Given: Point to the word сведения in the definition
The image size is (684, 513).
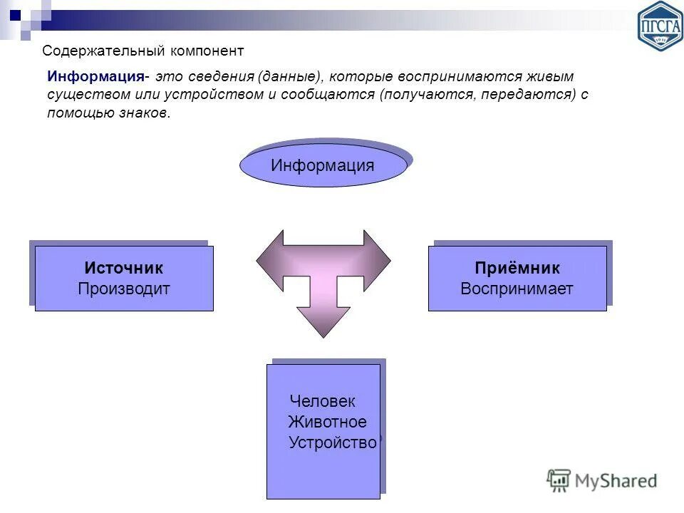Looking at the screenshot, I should click(226, 76).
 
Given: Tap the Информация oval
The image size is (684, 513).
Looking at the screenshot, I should click(323, 166).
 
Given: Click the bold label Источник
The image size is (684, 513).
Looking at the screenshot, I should click(124, 269).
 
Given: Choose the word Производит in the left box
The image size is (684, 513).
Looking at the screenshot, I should click(124, 289).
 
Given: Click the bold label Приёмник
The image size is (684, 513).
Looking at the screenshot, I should click(517, 269).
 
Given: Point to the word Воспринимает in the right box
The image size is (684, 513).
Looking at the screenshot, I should click(517, 289).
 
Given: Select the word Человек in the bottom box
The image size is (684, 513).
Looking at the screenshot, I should click(323, 402).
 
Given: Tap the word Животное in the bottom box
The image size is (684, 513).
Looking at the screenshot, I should click(328, 422).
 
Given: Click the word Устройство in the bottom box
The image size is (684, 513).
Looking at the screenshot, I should click(333, 442).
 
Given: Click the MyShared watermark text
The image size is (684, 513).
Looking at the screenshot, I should click(616, 481).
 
